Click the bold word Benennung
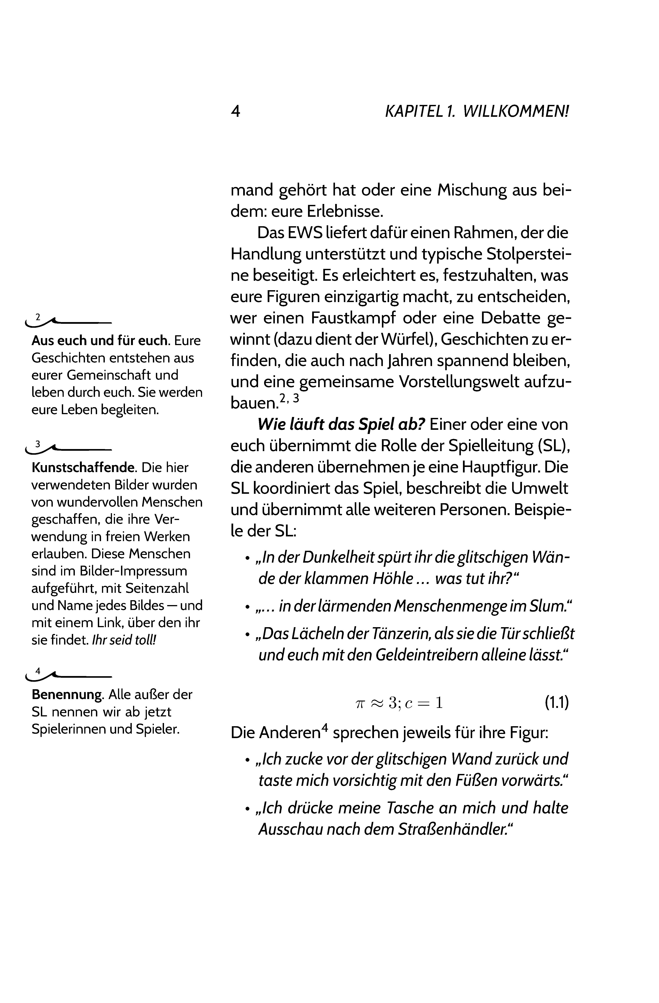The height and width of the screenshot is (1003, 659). (67, 694)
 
